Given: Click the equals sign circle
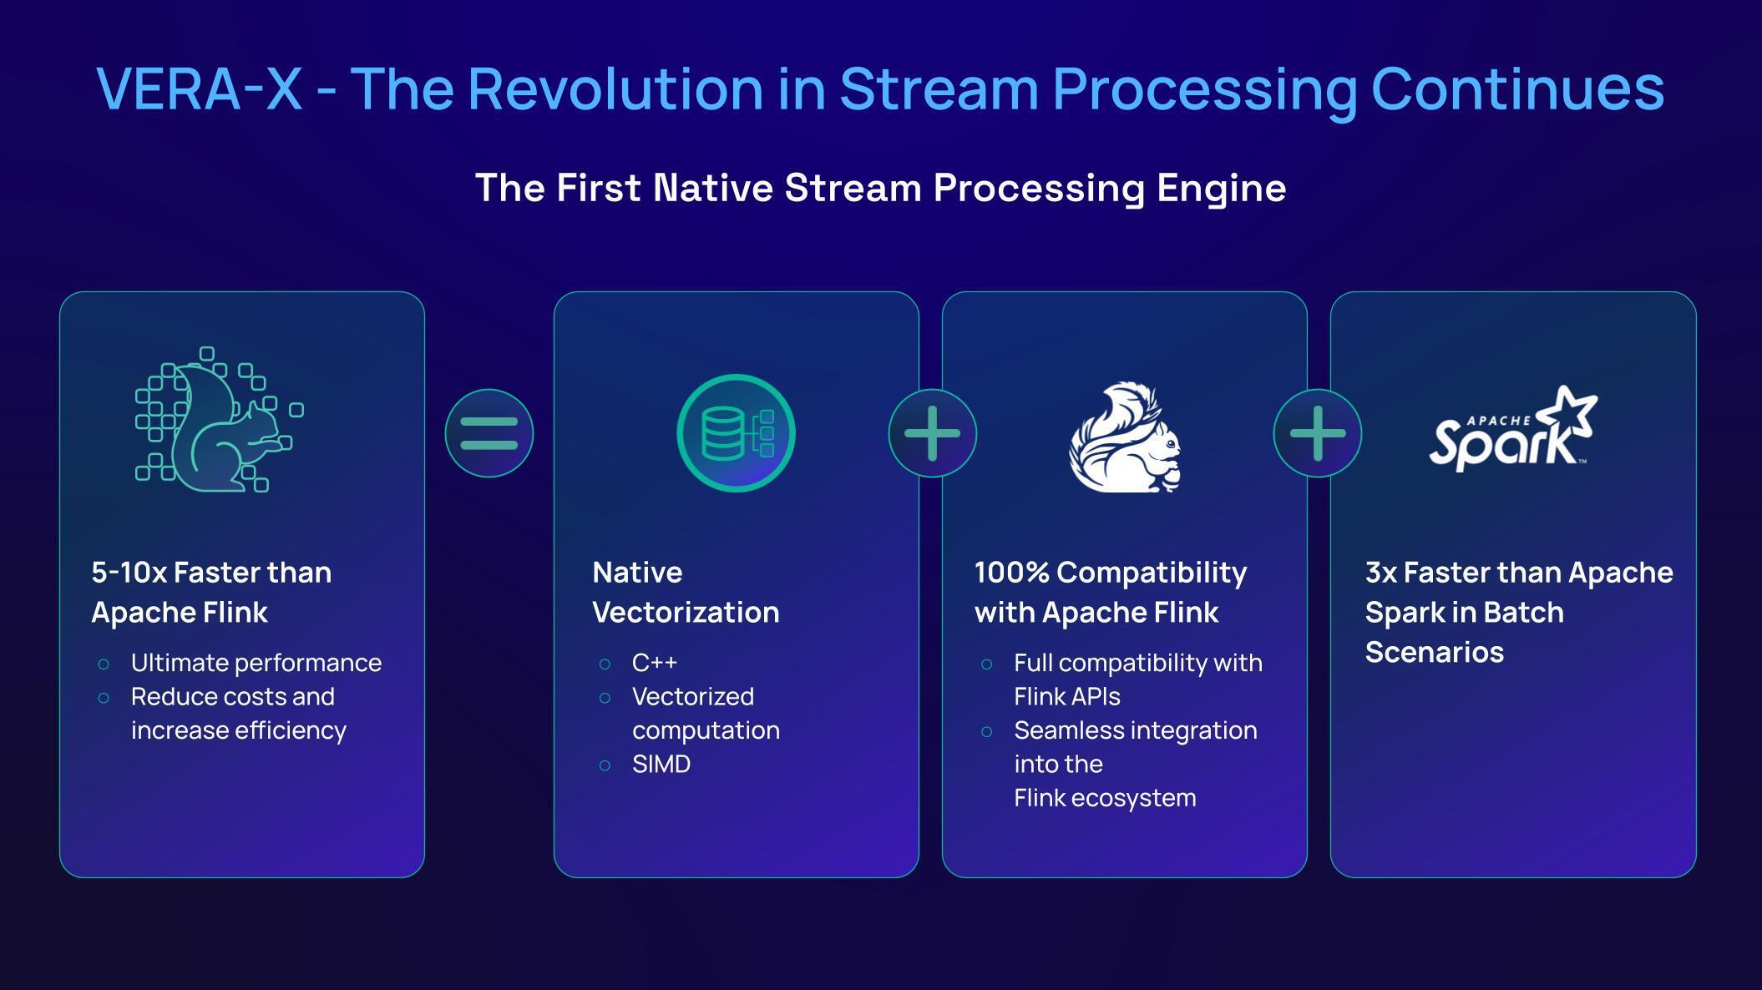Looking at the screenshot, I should click(489, 433).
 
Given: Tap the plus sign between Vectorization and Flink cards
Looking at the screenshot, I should click(932, 433).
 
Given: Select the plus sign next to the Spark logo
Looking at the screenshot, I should click(1317, 433).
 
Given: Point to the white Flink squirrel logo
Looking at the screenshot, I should click(1126, 437).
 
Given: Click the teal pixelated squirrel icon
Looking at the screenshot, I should click(219, 420).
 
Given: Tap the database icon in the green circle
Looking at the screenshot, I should click(736, 433).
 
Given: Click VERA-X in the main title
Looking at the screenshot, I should click(199, 88).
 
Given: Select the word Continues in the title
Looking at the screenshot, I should click(1517, 88).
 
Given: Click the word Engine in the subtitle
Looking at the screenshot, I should click(1221, 189).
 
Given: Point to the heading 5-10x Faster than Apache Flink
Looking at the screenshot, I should click(211, 592).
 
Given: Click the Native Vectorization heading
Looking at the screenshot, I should click(685, 592).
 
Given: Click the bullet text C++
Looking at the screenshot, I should click(655, 663).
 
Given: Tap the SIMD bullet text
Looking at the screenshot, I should click(661, 764).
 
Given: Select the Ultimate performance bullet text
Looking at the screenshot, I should click(256, 663).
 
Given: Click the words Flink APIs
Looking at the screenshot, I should click(1066, 696).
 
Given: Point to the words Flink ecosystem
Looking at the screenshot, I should click(1104, 798).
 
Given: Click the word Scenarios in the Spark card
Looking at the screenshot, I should click(1434, 652).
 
